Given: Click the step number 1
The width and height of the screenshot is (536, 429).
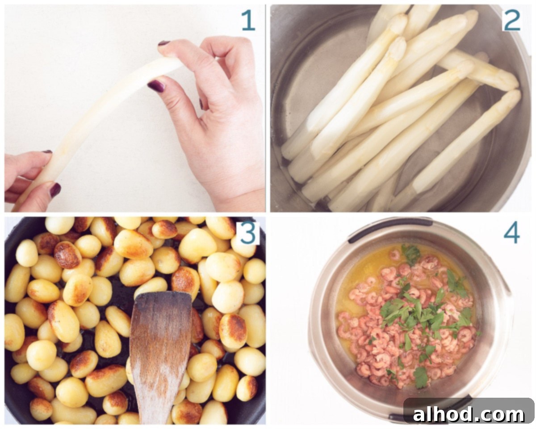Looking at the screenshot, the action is tap(248, 21).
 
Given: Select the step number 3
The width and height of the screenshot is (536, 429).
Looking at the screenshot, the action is tap(247, 233).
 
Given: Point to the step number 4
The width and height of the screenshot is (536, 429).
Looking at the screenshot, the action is tap(511, 233).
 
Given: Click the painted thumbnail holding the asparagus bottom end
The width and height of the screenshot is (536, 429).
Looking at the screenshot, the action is tap(55, 190).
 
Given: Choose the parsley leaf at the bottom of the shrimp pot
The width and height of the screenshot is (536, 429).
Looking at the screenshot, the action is tap(420, 378).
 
